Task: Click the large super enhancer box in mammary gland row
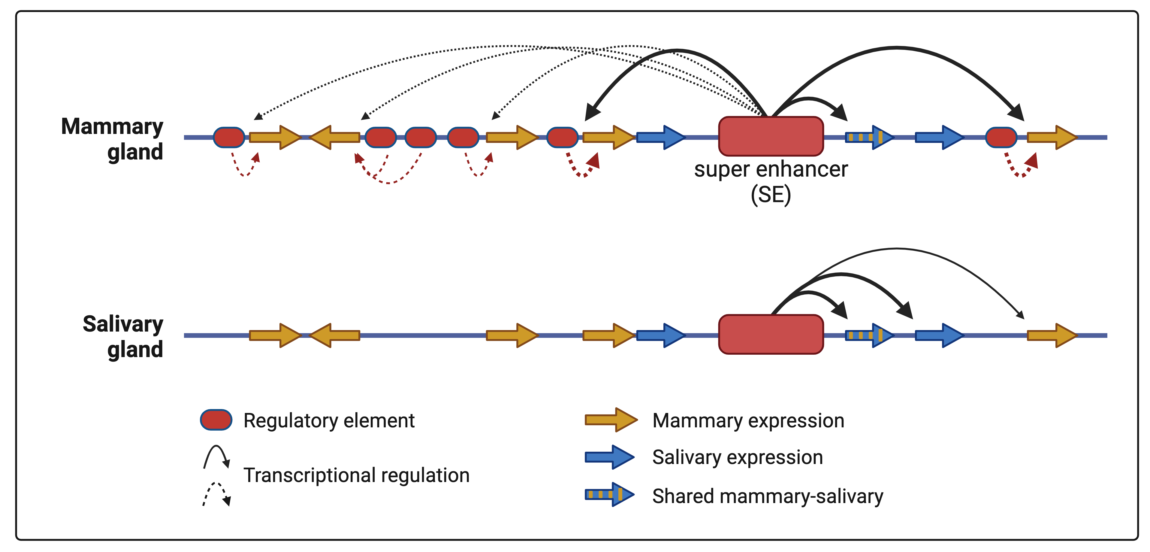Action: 771,136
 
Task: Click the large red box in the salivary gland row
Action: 771,334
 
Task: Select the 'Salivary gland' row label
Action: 123,336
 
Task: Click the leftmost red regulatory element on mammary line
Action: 229,137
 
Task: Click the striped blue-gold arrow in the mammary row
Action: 868,137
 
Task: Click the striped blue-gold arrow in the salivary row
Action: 868,335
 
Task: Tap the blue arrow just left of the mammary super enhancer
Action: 660,137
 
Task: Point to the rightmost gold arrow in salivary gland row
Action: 1051,335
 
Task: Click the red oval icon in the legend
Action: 216,420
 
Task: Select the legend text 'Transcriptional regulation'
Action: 356,475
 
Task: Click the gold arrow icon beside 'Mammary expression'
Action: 611,420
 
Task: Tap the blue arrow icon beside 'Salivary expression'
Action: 609,457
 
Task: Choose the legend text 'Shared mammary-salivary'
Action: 767,496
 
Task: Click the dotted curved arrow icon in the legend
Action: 216,493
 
